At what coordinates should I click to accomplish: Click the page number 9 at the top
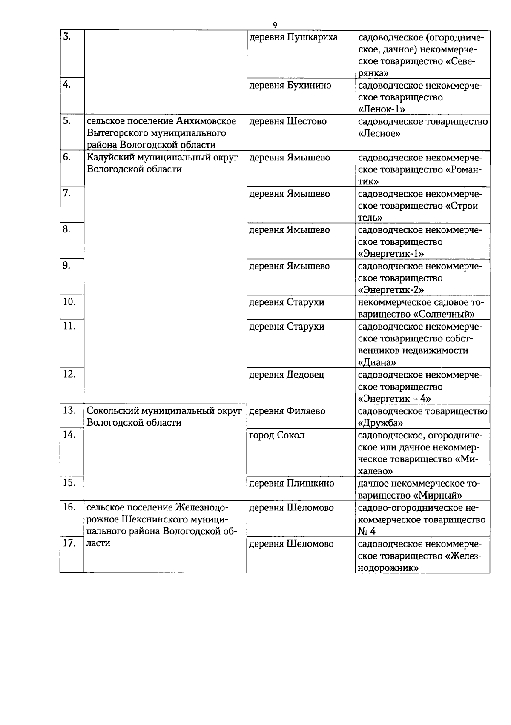[x=275, y=25]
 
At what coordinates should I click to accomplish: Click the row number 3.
[x=66, y=37]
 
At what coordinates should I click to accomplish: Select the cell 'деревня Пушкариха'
[x=293, y=37]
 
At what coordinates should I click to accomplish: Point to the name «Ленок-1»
[x=381, y=109]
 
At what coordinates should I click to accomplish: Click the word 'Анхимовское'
[x=206, y=121]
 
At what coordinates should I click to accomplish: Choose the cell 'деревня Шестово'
[x=287, y=122]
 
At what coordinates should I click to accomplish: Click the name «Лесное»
[x=379, y=134]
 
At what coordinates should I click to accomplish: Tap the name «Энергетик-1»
[x=391, y=254]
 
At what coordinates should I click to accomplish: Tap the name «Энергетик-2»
[x=391, y=290]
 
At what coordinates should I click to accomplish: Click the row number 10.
[x=69, y=302]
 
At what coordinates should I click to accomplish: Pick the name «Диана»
[x=377, y=363]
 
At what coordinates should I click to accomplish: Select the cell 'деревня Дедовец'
[x=286, y=375]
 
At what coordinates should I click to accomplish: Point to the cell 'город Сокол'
[x=276, y=436]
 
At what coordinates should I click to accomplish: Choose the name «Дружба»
[x=380, y=423]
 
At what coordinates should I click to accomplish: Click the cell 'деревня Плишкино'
[x=291, y=484]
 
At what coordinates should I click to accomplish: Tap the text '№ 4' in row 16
[x=367, y=532]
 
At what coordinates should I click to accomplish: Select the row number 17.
[x=69, y=544]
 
